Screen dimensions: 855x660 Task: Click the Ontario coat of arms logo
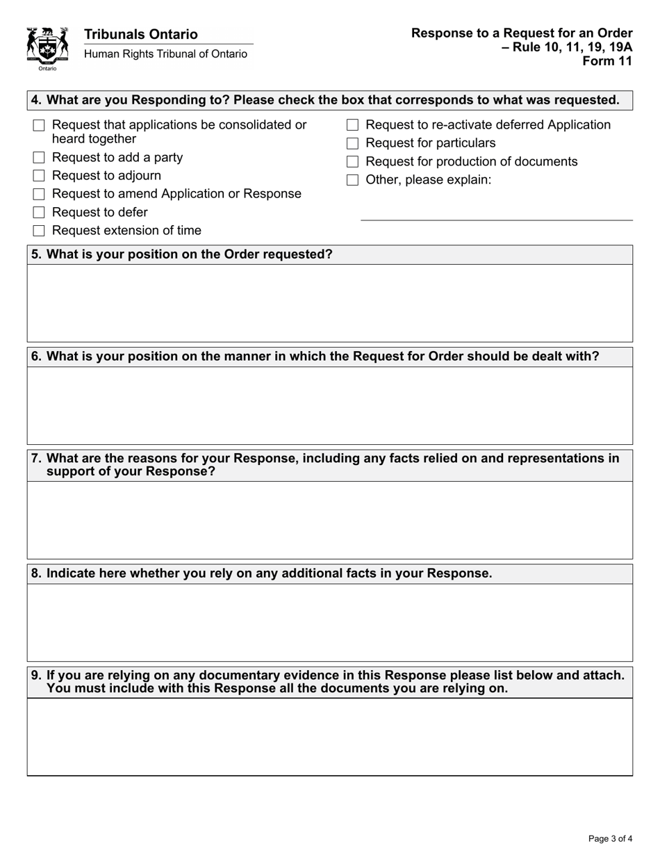[47, 48]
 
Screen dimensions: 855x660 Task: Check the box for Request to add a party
[39, 158]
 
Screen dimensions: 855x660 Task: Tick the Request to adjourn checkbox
[39, 176]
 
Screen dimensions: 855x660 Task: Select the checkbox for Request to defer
[39, 213]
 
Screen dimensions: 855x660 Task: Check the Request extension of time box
[39, 231]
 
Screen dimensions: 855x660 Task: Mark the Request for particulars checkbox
[352, 144]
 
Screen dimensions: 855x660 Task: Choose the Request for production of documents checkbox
[352, 162]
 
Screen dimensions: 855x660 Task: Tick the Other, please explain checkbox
[352, 180]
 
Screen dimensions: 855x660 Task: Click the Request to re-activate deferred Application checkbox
[352, 125]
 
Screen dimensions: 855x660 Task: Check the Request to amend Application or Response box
[39, 194]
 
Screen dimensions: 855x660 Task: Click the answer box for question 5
[329, 303]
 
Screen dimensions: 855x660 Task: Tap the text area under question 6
[329, 405]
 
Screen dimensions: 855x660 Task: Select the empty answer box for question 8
[329, 622]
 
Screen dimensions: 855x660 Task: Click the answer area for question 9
[329, 737]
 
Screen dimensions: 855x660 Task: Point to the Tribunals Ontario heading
[140, 34]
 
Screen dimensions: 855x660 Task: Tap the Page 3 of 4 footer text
[610, 838]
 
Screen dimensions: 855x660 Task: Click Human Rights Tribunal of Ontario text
[165, 54]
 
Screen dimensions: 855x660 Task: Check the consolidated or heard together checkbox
[39, 126]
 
